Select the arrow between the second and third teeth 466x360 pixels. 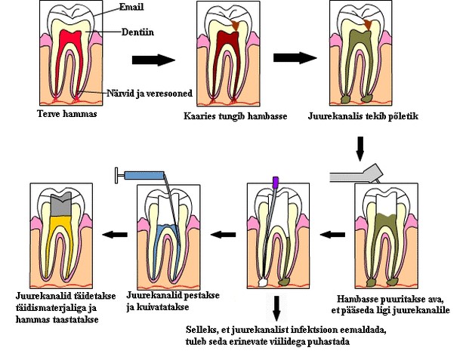point(294,57)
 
